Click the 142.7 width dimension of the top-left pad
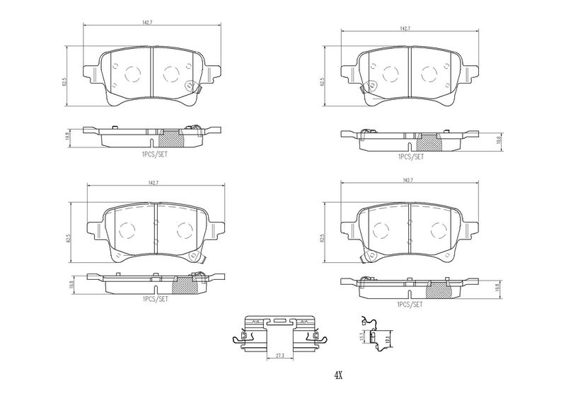pyautogui.click(x=147, y=23)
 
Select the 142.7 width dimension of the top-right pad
pyautogui.click(x=405, y=28)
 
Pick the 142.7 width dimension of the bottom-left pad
pyautogui.click(x=151, y=183)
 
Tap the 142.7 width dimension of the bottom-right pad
pyautogui.click(x=407, y=181)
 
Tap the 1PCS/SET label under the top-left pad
pyautogui.click(x=153, y=153)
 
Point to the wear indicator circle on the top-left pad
pyautogui.click(x=189, y=87)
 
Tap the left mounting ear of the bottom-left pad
pyautogui.click(x=93, y=227)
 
